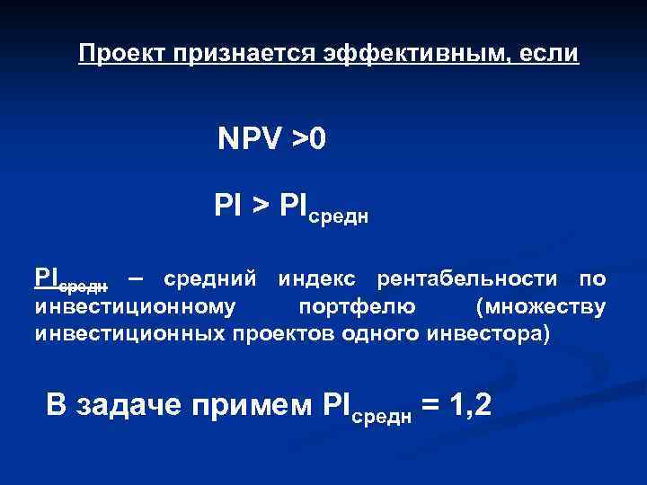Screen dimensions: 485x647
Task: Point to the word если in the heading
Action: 547,54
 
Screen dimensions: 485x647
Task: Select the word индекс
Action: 318,281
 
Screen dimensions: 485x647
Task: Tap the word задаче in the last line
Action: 132,406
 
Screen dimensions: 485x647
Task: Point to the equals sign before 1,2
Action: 430,406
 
